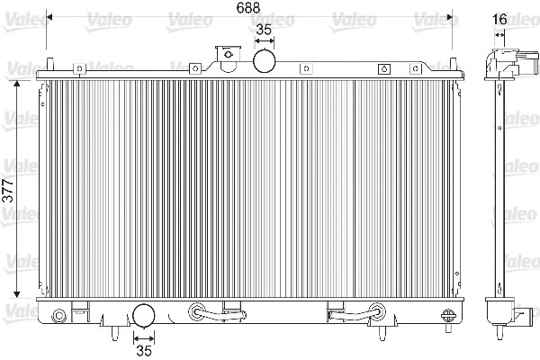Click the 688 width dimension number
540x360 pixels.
248,7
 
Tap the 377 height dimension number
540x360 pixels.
7,191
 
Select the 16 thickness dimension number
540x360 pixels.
499,19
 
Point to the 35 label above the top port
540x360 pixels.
264,30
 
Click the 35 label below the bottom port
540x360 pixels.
144,350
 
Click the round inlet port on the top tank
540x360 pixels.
264,61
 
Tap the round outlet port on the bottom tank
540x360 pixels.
144,315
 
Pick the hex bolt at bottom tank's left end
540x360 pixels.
58,316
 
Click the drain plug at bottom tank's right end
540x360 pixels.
448,318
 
